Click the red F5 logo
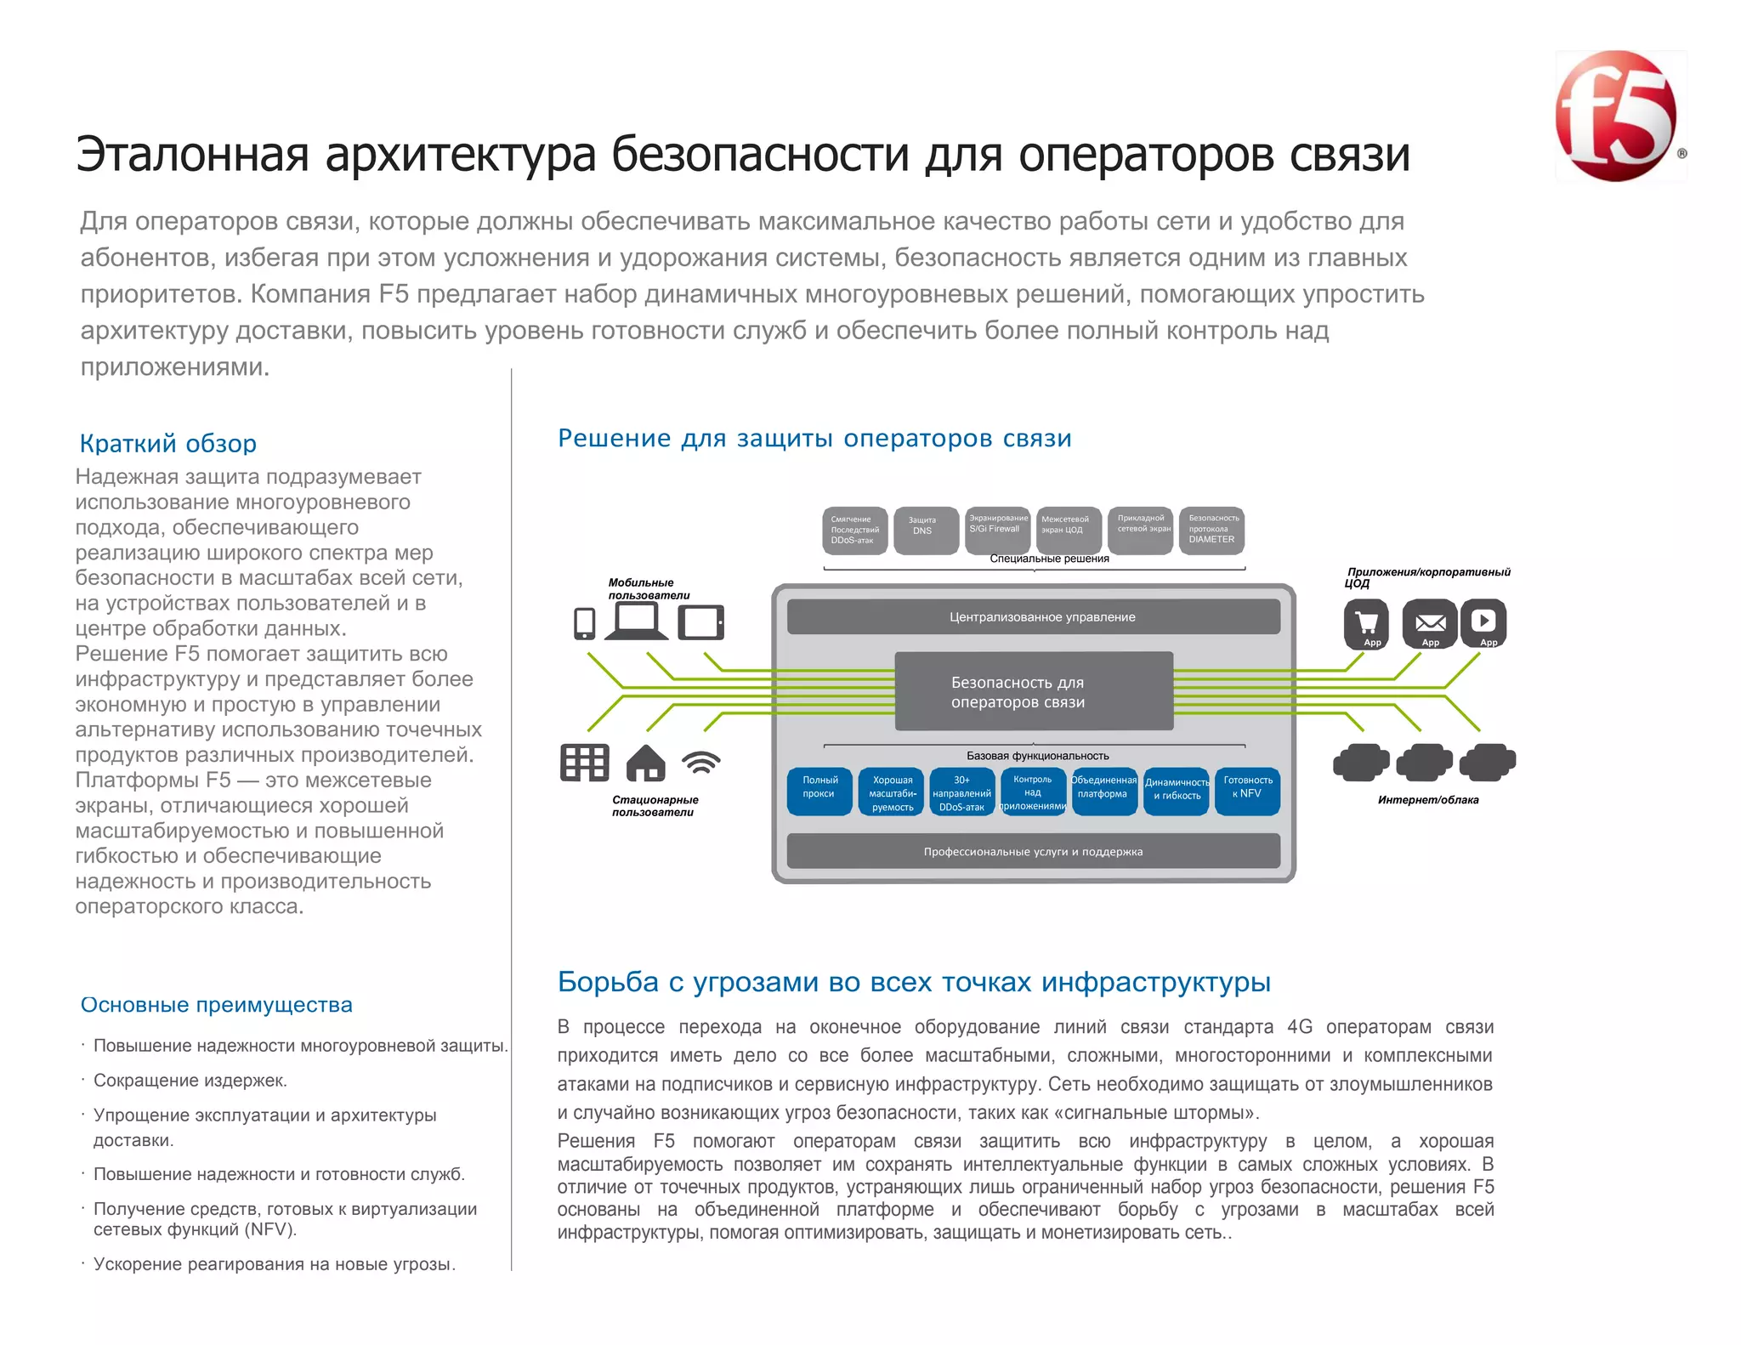1616,116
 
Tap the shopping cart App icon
1366,622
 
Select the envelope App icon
1430,622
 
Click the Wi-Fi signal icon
701,762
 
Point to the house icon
645,763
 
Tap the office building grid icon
585,763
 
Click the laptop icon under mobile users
636,621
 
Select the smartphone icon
585,623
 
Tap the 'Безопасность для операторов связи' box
1034,691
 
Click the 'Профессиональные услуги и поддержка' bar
1033,852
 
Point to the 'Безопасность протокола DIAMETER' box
1212,531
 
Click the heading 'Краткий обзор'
167,444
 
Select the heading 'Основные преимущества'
216,1005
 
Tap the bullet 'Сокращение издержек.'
190,1081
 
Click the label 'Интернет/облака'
1428,800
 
